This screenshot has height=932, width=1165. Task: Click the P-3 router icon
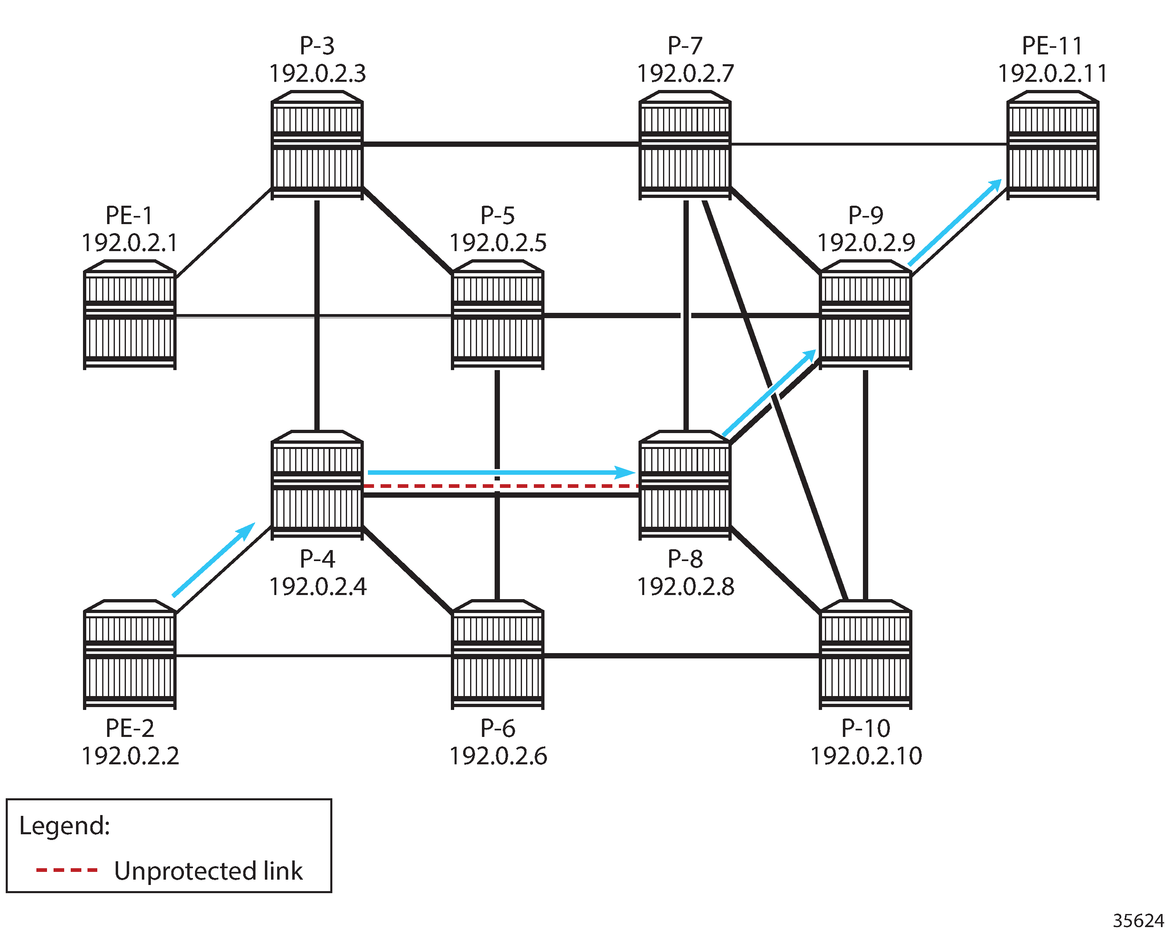(317, 145)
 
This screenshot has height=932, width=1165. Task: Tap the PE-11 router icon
(1053, 145)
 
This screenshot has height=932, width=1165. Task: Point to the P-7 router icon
(685, 145)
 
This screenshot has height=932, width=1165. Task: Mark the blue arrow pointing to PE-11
(955, 223)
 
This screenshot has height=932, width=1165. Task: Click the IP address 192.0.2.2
(130, 756)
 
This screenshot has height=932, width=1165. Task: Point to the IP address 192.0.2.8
(685, 586)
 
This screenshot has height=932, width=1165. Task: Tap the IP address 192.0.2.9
(866, 242)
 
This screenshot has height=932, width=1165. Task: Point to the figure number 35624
(1138, 920)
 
